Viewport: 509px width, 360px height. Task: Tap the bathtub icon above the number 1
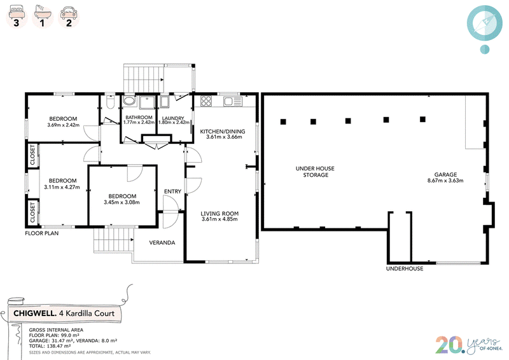click(x=43, y=12)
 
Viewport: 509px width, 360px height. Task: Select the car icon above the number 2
click(x=69, y=13)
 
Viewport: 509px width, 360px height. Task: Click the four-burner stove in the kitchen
click(x=206, y=101)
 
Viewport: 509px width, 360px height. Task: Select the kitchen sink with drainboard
click(x=233, y=101)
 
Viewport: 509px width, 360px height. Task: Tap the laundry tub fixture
click(x=164, y=101)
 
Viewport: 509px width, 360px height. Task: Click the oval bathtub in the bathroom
click(x=130, y=100)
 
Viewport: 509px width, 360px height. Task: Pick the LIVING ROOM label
click(x=220, y=214)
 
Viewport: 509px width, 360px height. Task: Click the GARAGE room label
click(x=445, y=175)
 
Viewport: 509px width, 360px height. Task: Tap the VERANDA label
click(x=162, y=242)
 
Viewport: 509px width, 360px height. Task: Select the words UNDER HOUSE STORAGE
click(x=315, y=172)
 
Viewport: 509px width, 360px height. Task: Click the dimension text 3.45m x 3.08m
click(x=122, y=202)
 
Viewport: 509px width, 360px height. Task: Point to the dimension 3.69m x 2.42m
click(x=63, y=125)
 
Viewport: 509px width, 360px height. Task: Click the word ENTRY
click(x=172, y=191)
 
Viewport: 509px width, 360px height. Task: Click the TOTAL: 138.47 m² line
click(x=50, y=346)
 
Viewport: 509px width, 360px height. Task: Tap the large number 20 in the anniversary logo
click(x=449, y=345)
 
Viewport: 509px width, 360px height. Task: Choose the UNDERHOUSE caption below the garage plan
click(x=405, y=268)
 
